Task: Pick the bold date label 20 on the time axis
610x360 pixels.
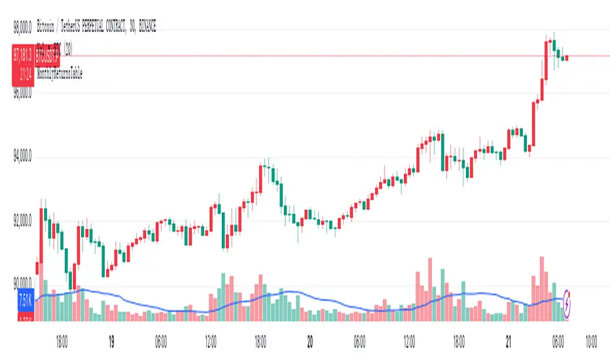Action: [x=310, y=341]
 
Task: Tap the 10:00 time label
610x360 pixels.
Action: [x=590, y=341]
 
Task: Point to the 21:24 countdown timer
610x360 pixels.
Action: [x=26, y=75]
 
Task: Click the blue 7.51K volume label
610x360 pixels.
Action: [x=26, y=302]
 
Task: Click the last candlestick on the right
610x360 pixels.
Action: [x=567, y=58]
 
